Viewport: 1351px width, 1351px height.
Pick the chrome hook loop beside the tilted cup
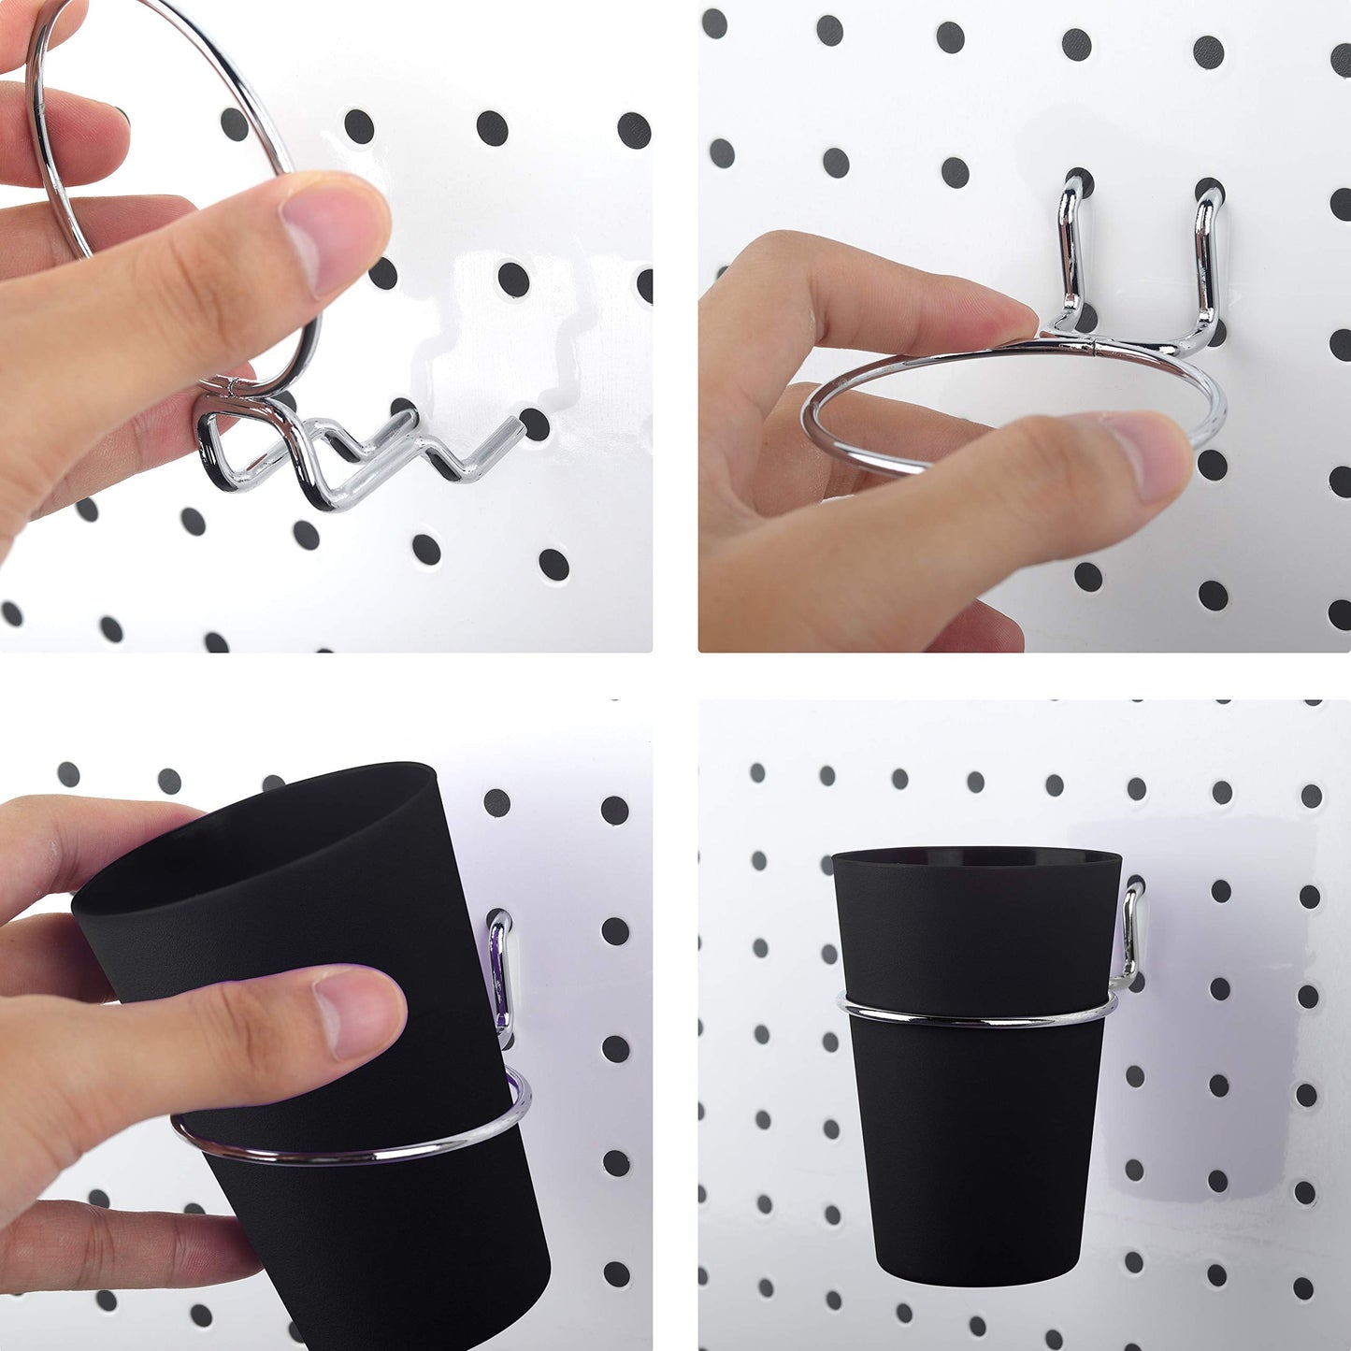pyautogui.click(x=500, y=972)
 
